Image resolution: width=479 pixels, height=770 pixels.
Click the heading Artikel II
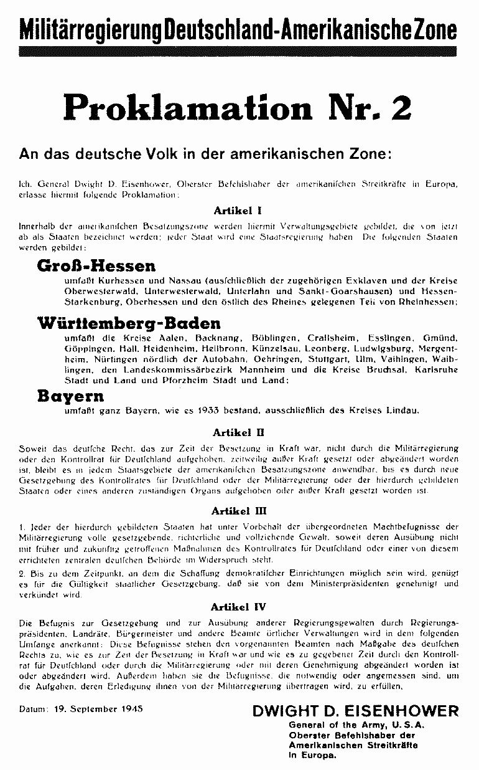coord(239,431)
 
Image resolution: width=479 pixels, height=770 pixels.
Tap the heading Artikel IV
coord(239,604)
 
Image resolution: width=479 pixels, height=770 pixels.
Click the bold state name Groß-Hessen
coord(97,267)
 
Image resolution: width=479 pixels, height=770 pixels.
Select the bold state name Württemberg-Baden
coord(129,323)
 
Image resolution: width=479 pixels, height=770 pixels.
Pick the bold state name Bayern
coord(70,397)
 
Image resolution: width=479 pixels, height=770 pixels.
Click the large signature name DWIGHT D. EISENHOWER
coord(355,711)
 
